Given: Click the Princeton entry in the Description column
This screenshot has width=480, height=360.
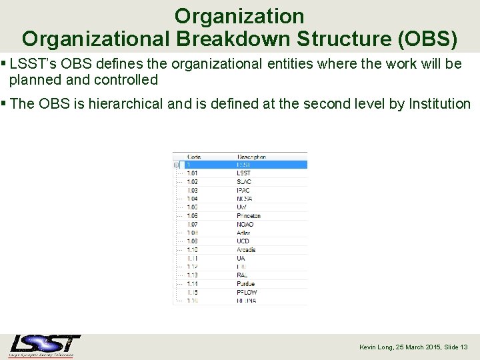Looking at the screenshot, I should tap(248, 216).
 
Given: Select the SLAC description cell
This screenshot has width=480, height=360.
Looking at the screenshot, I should tap(243, 182).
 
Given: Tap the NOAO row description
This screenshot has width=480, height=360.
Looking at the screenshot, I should tap(245, 225).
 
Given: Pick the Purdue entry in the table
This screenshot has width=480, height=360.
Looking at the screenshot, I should tap(246, 284).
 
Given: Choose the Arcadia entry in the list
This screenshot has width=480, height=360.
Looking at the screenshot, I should tap(246, 250).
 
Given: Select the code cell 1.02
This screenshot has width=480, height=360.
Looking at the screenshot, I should tap(192, 182).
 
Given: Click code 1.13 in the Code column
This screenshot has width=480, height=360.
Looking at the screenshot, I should tap(192, 275).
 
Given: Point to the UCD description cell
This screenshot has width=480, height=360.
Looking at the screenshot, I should tap(243, 241).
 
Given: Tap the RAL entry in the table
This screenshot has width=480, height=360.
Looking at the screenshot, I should tap(242, 275).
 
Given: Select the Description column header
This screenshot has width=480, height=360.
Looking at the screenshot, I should tap(251, 157).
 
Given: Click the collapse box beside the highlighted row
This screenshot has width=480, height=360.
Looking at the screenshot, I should tap(176, 165).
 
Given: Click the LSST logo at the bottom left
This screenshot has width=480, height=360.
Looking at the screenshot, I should tap(45, 345).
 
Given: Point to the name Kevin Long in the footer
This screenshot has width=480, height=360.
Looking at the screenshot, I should tap(377, 347).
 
